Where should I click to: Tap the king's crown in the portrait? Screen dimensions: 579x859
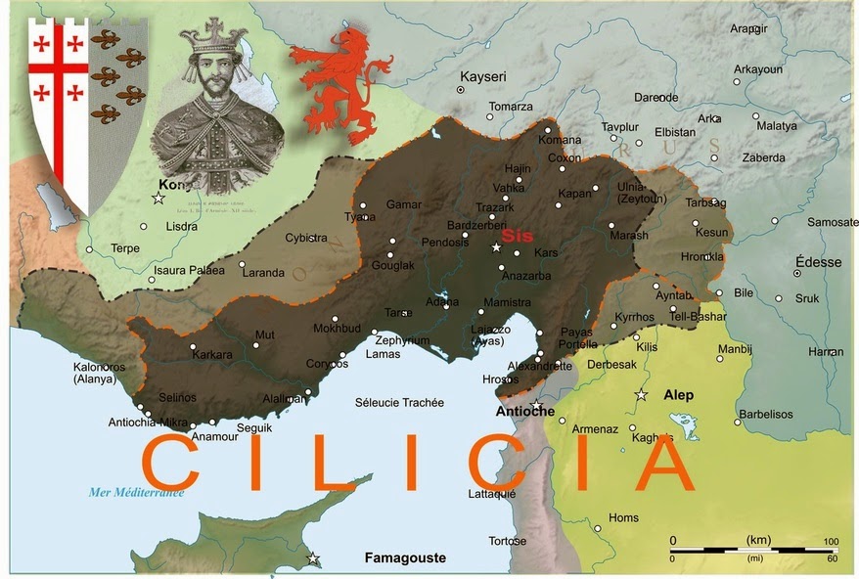tap(213, 37)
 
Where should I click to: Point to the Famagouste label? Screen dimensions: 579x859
tap(405, 557)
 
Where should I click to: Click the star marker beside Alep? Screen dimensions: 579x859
tap(642, 395)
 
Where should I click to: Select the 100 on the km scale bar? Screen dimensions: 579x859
tap(831, 540)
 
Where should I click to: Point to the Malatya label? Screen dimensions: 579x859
tap(778, 125)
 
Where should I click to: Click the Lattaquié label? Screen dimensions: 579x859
tap(491, 494)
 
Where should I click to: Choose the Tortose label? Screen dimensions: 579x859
tap(507, 541)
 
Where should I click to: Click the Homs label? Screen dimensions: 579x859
tap(623, 517)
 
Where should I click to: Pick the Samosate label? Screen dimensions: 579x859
tap(834, 222)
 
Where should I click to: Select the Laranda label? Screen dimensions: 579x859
tap(263, 272)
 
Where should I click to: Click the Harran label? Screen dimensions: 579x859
tap(827, 351)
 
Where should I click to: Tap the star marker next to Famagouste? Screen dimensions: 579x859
tap(313, 559)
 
